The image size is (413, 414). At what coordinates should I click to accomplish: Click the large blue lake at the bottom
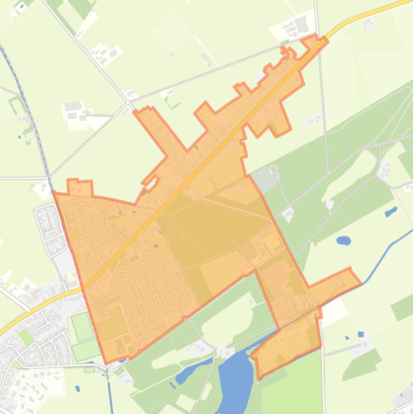tap(235, 376)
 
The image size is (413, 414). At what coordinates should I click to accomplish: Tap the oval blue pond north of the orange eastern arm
tap(344, 240)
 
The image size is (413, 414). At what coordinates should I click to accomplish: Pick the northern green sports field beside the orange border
tap(82, 326)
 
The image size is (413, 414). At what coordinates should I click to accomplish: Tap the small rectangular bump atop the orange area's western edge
tap(79, 188)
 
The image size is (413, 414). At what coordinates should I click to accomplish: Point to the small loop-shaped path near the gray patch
tap(274, 171)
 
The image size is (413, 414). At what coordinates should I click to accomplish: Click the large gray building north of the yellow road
tap(301, 24)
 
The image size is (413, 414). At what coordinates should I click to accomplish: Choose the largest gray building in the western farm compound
tap(72, 106)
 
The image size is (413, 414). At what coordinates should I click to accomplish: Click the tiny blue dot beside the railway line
tap(19, 137)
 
